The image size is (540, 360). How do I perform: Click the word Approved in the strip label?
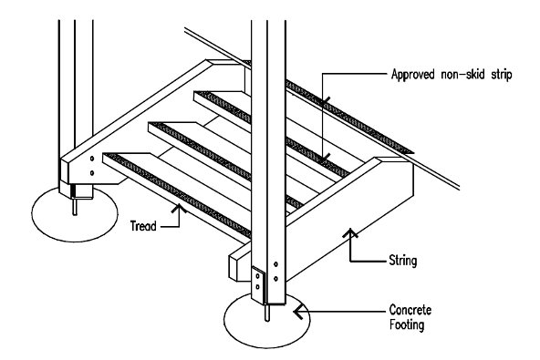(413, 75)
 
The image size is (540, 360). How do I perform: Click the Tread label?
(143, 226)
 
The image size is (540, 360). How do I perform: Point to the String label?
(403, 261)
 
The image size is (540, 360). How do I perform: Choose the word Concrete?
(410, 310)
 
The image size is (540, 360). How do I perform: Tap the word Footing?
(407, 324)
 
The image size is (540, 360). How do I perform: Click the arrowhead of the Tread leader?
(179, 208)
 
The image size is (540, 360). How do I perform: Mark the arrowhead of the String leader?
(350, 232)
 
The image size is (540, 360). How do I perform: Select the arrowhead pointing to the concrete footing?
(296, 312)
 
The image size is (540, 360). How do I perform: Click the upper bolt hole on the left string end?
(92, 159)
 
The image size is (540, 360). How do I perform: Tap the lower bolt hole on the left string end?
(92, 173)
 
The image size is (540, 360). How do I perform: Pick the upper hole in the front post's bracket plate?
(257, 276)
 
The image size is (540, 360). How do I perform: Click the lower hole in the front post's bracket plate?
(257, 287)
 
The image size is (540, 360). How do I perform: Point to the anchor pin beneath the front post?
(267, 313)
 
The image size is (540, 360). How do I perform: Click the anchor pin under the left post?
(75, 207)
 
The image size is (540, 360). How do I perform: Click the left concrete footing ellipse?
(75, 214)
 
